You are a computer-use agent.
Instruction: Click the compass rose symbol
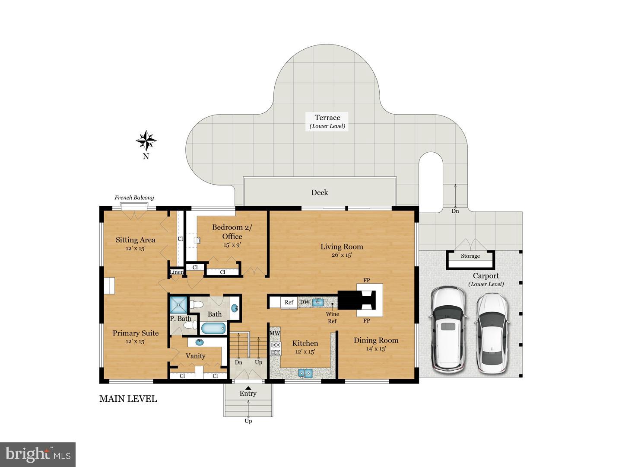pos(146,141)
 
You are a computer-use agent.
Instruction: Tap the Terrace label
pos(327,118)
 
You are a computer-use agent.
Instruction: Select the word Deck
pos(320,192)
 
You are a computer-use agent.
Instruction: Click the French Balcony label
pos(134,198)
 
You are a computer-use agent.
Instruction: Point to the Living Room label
pos(342,246)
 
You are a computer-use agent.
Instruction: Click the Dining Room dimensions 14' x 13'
pos(376,349)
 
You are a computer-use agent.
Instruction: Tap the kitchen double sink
pos(306,372)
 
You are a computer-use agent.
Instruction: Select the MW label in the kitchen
pos(275,333)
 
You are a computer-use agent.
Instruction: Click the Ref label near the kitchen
pos(289,302)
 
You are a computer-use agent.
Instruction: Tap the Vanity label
pos(195,356)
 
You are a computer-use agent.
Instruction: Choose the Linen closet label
pos(176,272)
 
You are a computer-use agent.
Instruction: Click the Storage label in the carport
pos(470,256)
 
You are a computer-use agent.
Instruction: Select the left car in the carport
pos(448,329)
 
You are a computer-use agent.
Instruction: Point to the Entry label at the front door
pos(248,393)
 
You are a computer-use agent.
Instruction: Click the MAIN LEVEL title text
pos(128,399)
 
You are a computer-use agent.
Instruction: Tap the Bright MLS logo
pos(38,454)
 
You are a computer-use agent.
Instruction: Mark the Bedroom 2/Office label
pos(232,232)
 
